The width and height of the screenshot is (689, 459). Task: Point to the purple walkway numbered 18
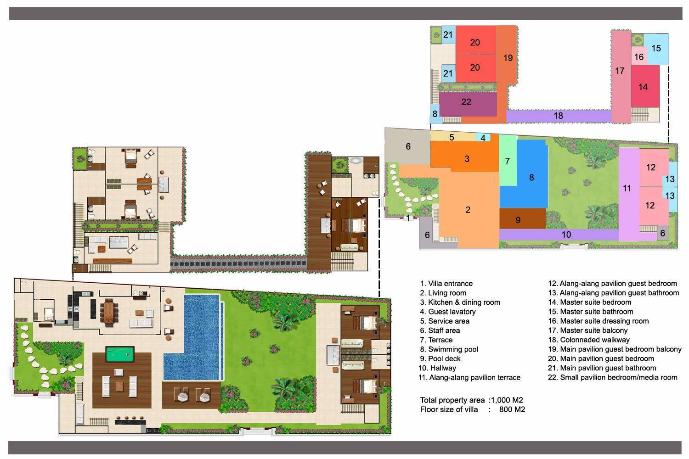point(558,116)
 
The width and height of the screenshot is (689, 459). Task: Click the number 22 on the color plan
point(466,102)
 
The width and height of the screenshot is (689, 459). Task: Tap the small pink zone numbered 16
point(639,57)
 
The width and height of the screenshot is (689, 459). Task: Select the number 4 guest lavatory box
point(483,138)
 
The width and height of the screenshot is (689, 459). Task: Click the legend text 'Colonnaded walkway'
point(594,340)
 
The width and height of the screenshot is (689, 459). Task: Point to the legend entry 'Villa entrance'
point(450,284)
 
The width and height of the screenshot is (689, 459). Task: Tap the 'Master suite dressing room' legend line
point(604,321)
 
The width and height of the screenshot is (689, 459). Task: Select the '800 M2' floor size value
point(512,409)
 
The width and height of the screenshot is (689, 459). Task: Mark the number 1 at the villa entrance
point(408,218)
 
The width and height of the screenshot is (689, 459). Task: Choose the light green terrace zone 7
point(507,161)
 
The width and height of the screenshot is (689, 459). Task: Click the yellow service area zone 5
point(452,137)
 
